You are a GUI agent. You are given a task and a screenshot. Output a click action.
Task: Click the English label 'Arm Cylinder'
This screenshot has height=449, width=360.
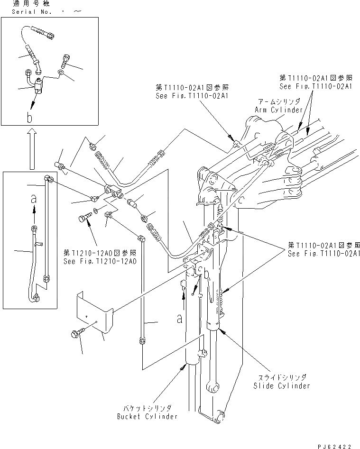pyautogui.click(x=279, y=110)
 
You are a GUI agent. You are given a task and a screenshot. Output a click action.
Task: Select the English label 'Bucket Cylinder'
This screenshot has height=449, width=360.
pyautogui.click(x=148, y=416)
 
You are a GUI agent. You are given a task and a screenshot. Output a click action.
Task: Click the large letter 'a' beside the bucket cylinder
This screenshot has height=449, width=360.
pyautogui.click(x=180, y=319)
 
